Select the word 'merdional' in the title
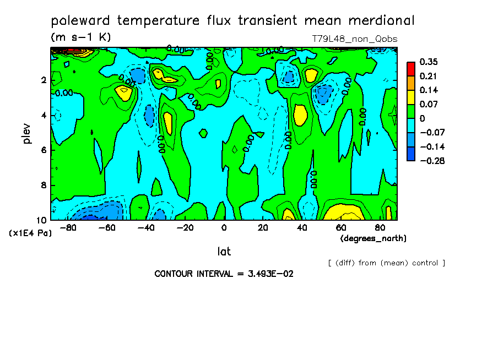pos(381,21)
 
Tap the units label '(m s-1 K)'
pos(81,37)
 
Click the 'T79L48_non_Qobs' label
pos(355,39)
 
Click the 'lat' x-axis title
pos(224,252)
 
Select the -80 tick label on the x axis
pos(67,228)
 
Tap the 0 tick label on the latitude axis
pos(224,228)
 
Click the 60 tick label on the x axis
pos(341,228)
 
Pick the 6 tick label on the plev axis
pos(43,150)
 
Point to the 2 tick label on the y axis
pos(43,80)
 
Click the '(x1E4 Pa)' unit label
pos(30,233)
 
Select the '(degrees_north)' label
pos(373,238)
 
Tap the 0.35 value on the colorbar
pos(429,62)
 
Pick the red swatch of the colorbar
pos(410,68)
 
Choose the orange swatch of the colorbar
pos(410,83)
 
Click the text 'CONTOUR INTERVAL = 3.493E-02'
pos(224,274)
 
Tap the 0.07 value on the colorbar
pos(429,104)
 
